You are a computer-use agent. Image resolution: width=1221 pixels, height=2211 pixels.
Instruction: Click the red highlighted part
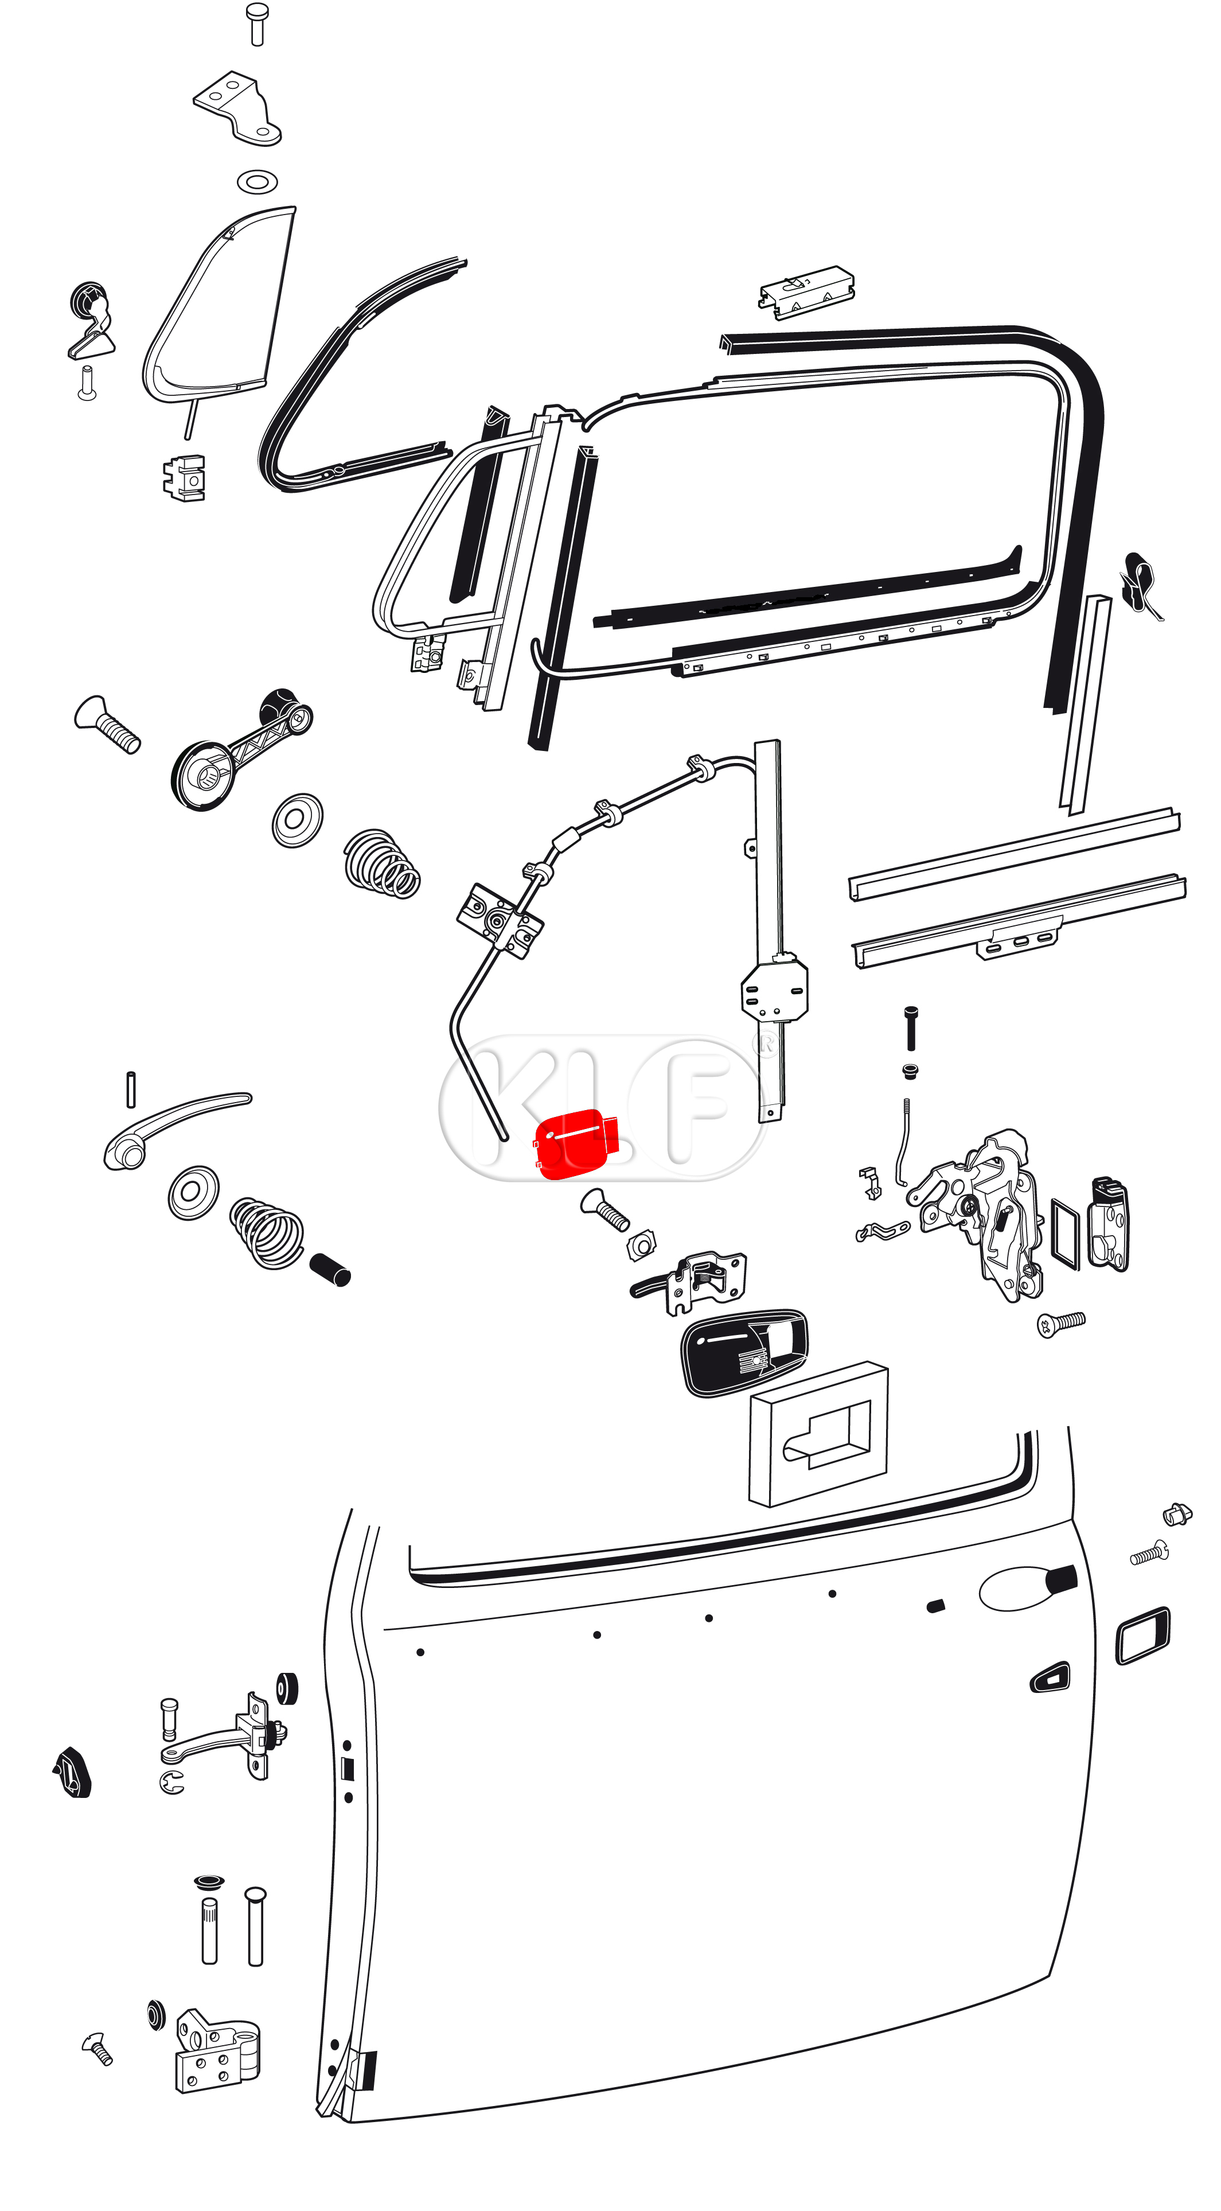click(575, 1143)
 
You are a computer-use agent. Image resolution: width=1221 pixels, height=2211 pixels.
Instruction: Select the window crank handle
click(242, 749)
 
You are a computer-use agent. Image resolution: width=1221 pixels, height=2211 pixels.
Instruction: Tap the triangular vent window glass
click(219, 306)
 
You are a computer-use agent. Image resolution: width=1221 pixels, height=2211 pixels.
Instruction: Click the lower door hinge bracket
click(218, 2052)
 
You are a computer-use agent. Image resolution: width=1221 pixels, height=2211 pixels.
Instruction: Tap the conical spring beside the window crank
click(382, 863)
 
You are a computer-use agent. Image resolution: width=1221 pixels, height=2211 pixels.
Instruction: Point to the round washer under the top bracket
click(256, 182)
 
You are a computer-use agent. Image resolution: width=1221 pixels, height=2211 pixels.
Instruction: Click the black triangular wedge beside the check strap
click(72, 1772)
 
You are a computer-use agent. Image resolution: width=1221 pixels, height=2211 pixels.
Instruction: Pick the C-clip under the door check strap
click(171, 1782)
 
